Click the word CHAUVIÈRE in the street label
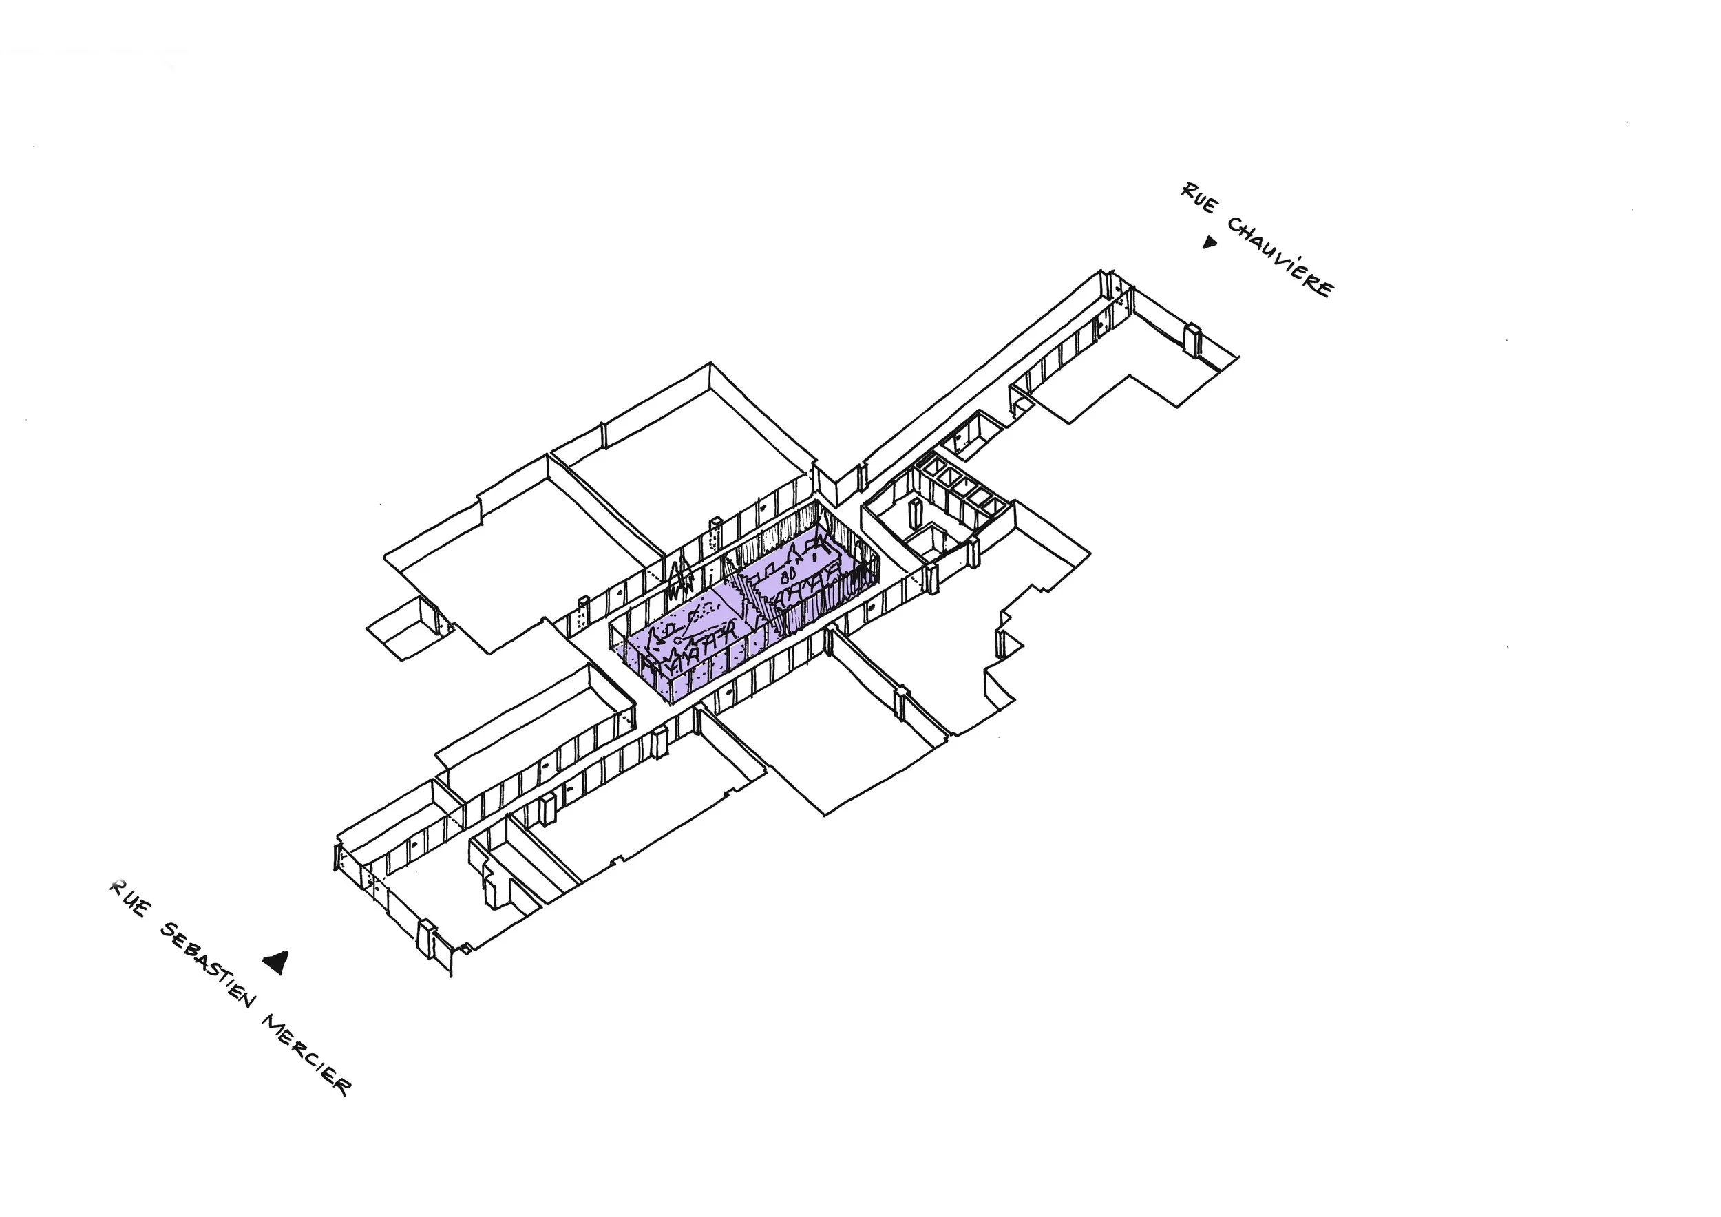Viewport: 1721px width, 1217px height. pyautogui.click(x=1280, y=256)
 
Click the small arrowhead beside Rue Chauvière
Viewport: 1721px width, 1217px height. pyautogui.click(x=1208, y=242)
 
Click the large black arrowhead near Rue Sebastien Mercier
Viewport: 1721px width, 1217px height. pyautogui.click(x=276, y=962)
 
